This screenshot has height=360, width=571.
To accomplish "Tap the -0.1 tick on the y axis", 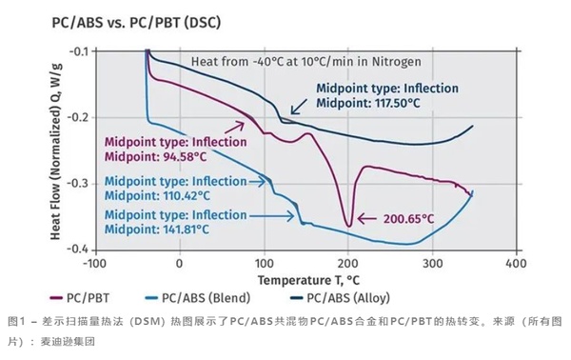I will pos(76,50).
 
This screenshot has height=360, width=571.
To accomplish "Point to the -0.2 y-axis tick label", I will pos(76,117).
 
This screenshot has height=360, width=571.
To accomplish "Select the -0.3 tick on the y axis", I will pos(76,183).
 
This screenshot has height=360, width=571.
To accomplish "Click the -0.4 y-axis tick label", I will pos(76,249).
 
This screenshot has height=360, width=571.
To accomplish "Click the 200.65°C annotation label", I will pos(411,218).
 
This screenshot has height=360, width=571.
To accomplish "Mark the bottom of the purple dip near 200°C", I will pos(348,226).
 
